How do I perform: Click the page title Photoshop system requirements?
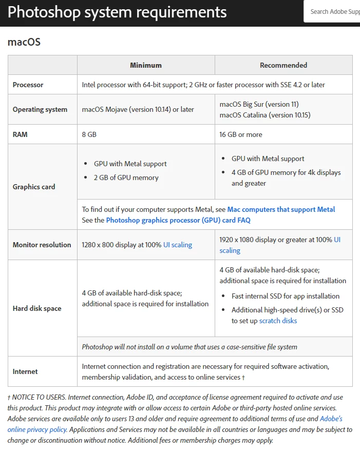click(117, 12)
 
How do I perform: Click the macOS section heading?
click(24, 42)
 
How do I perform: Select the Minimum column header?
click(146, 65)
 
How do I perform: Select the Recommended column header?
click(283, 65)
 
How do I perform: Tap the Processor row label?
click(28, 85)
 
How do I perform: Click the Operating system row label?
click(40, 109)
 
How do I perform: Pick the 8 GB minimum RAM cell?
click(89, 134)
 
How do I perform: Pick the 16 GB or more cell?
click(241, 134)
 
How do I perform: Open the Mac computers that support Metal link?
click(281, 209)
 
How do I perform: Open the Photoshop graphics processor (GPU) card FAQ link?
click(178, 220)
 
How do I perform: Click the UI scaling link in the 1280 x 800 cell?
click(178, 245)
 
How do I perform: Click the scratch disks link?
click(278, 321)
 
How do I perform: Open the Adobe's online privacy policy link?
click(331, 419)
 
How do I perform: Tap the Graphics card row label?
click(34, 187)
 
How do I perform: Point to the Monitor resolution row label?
click(42, 245)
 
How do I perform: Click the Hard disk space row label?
click(37, 308)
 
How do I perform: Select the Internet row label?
click(25, 371)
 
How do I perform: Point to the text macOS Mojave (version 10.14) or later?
click(138, 109)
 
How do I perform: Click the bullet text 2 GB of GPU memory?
click(126, 177)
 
